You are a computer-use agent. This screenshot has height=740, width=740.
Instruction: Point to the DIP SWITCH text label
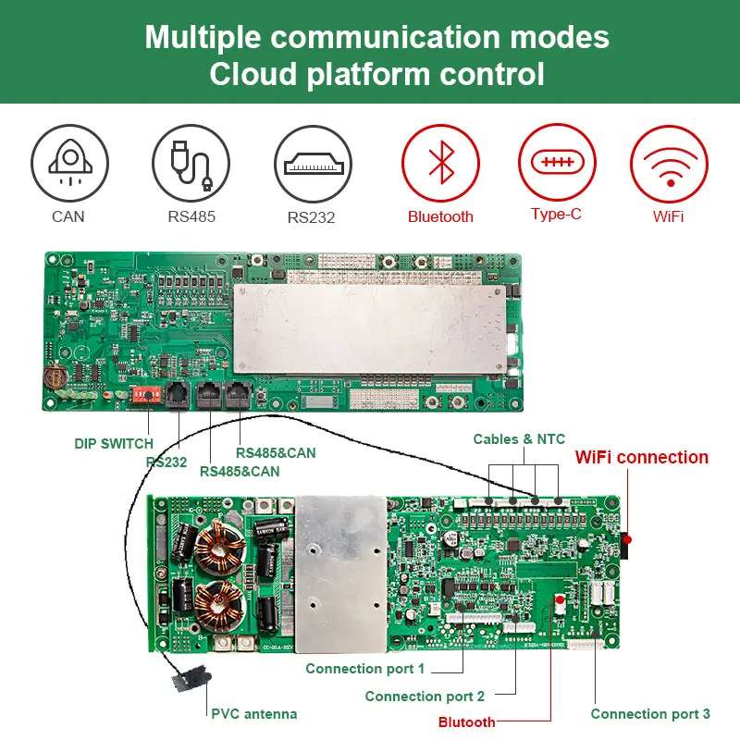click(x=114, y=444)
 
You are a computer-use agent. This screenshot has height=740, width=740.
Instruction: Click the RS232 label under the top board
click(x=166, y=462)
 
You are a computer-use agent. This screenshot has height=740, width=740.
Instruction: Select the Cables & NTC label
click(x=519, y=438)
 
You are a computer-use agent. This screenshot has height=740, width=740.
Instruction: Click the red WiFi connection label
click(x=642, y=458)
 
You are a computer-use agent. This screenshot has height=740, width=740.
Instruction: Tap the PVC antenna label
click(x=254, y=713)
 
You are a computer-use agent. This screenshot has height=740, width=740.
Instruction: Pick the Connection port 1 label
click(x=365, y=668)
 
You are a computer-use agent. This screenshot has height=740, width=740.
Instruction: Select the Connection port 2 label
click(x=425, y=696)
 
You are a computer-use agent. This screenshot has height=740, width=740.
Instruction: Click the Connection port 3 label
click(x=650, y=713)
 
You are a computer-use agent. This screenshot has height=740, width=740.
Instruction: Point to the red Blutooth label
click(x=467, y=721)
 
